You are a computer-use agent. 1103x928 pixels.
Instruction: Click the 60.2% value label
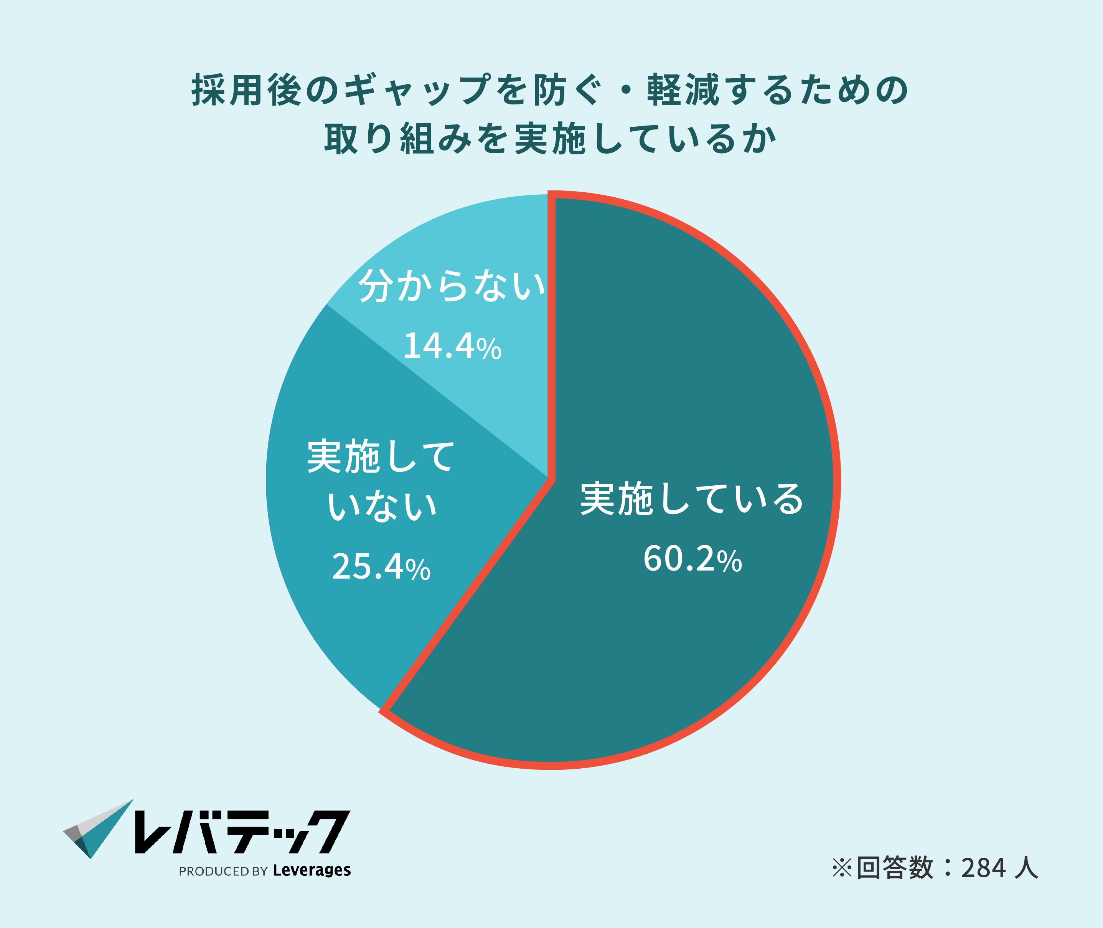pos(692,559)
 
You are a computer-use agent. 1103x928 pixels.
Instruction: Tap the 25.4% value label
pos(381,567)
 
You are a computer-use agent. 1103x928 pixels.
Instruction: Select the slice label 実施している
pos(692,499)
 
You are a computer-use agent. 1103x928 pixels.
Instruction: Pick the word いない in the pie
pos(382,506)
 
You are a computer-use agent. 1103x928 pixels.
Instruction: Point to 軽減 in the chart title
pos(683,90)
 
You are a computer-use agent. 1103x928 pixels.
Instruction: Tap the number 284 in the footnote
pos(984,868)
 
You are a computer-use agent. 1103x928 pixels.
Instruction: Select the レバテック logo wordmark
pos(242,832)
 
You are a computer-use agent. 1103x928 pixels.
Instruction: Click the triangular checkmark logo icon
pos(98,829)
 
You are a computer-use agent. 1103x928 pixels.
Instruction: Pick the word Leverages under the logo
pos(312,871)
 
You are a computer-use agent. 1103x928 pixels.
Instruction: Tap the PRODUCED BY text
pos(223,872)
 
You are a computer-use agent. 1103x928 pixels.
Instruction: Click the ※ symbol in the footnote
pos(842,868)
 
